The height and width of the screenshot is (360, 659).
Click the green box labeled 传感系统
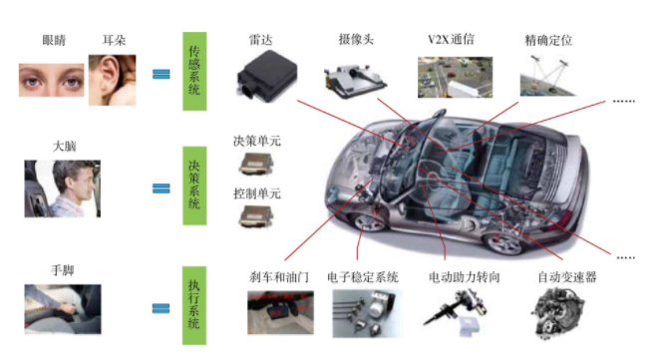coord(193,69)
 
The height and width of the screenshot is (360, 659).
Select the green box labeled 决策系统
coord(193,186)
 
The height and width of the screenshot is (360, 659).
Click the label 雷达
coord(261,40)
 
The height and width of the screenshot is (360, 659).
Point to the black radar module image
coord(268,78)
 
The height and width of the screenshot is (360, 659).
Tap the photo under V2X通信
coord(454,77)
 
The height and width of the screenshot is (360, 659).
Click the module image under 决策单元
coord(255,165)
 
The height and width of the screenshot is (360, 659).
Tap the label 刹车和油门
coord(279,276)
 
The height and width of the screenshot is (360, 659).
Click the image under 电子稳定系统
coord(363,312)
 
